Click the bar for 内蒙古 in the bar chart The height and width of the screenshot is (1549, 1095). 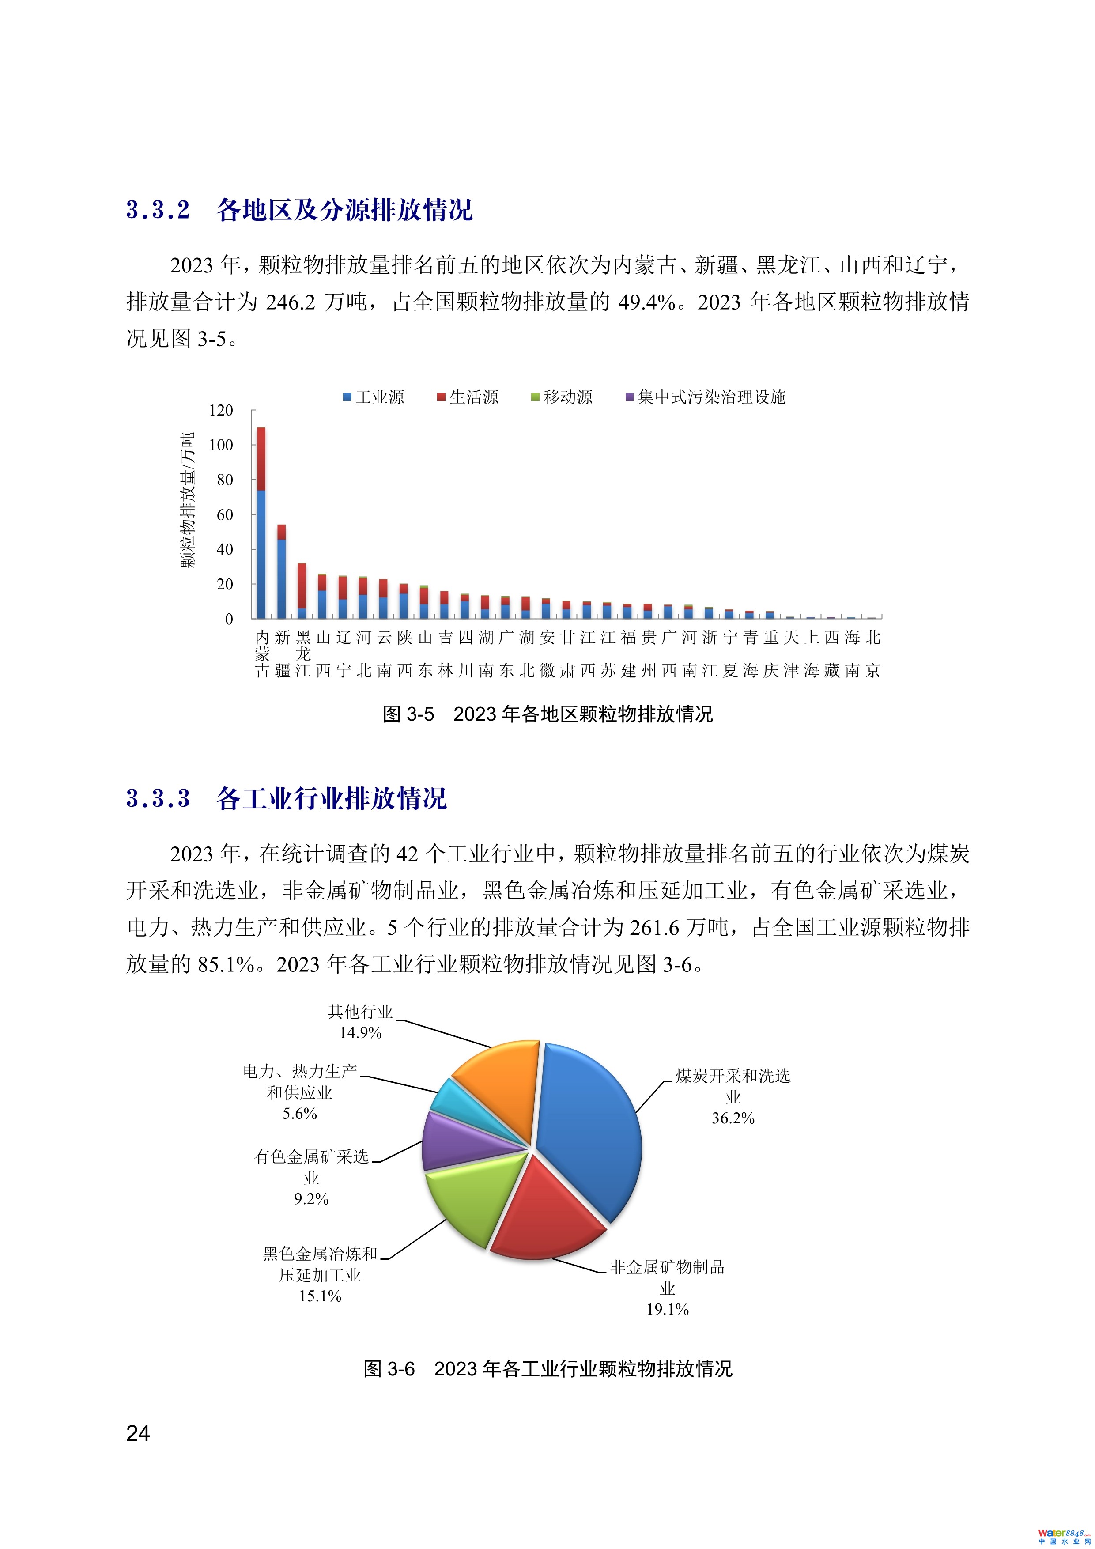pos(261,523)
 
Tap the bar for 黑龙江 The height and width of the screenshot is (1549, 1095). pos(302,590)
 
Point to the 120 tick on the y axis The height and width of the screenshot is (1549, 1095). pos(221,410)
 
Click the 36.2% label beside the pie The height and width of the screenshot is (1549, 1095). pos(733,1118)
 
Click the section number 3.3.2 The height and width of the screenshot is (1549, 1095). pos(159,210)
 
